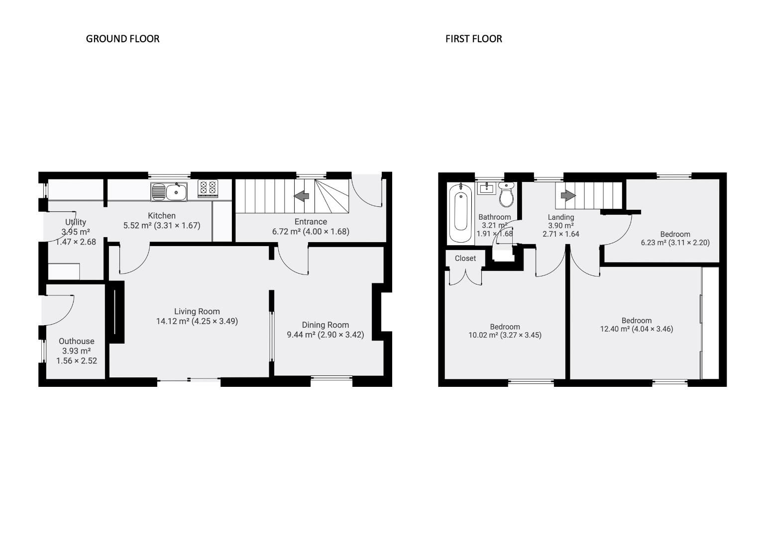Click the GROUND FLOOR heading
(122, 39)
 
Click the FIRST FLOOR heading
(473, 39)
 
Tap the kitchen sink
(169, 191)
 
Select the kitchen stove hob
(208, 188)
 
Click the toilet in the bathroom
(506, 195)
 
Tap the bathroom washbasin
(486, 188)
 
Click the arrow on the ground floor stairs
(302, 196)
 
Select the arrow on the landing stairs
(568, 195)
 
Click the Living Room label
(197, 311)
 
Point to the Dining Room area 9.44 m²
(325, 335)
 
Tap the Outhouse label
(76, 341)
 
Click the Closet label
(465, 259)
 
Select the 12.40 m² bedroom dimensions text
(636, 329)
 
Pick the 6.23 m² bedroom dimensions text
(675, 243)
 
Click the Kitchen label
(161, 216)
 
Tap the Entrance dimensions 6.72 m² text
(310, 231)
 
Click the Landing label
(560, 217)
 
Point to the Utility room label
(76, 222)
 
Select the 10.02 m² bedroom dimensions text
(505, 335)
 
